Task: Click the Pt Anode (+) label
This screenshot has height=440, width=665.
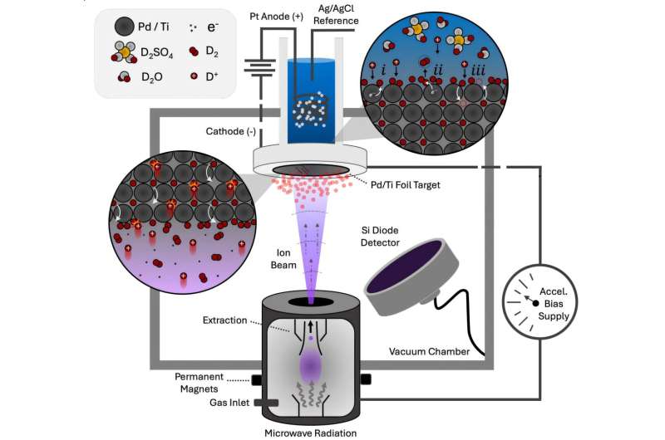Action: coord(276,17)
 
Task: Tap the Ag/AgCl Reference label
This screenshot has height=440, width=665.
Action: coord(336,15)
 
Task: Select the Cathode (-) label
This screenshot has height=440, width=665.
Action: coord(231,131)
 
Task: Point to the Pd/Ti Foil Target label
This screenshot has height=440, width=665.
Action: coord(405,184)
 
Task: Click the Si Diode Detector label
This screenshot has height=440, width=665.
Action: coord(380,237)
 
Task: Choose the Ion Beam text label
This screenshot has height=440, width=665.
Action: coord(283,259)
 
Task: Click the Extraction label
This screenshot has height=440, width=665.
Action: coord(224,320)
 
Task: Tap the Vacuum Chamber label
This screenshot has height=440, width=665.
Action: coord(429,351)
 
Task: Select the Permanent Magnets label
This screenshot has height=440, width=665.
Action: coord(199,383)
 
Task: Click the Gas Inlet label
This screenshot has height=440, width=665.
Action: coord(229,403)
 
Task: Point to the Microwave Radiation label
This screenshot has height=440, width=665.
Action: coord(310,433)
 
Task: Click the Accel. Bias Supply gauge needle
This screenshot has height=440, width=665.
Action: coord(529,300)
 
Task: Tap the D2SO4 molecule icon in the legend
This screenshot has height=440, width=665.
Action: coord(124,52)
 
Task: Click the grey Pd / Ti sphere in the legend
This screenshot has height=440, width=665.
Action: coord(124,27)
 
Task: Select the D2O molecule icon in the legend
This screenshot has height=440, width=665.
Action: coord(124,76)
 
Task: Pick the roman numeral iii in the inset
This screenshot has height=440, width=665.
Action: coord(478,70)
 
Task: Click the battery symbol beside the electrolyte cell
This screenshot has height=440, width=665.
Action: coord(259,68)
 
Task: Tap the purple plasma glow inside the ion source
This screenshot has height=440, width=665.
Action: coord(311,365)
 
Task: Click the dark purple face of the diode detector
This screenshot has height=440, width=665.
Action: coord(406,266)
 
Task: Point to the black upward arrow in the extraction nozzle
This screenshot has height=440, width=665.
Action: coord(311,325)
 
